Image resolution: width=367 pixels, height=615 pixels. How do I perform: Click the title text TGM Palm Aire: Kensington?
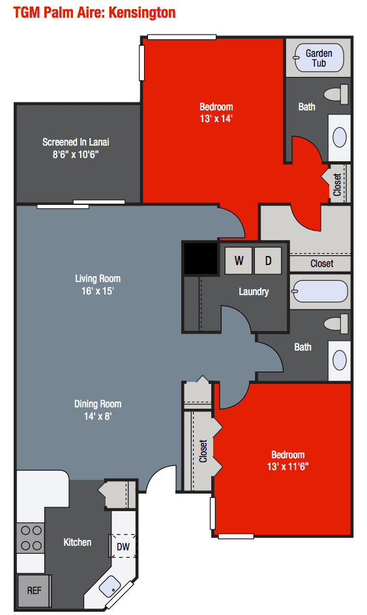tap(95, 12)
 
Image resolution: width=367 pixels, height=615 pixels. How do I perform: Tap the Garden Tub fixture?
tap(319, 58)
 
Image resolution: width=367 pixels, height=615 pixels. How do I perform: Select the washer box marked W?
tap(239, 261)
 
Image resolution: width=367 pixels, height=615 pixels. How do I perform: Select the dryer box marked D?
tap(267, 261)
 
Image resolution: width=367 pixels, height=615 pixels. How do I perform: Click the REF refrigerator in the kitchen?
tap(34, 590)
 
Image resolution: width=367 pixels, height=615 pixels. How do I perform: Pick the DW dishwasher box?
tap(123, 546)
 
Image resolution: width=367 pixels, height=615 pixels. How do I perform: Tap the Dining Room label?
tap(98, 403)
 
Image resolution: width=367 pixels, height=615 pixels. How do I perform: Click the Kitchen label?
tap(77, 542)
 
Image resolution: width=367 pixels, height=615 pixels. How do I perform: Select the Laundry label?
tap(254, 292)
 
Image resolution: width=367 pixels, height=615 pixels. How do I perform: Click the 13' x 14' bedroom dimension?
tap(216, 119)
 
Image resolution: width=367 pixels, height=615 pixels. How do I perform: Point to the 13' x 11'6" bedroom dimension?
tap(287, 466)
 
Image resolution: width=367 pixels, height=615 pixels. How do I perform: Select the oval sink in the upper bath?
tap(340, 137)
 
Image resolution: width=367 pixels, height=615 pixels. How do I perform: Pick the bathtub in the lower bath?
tap(320, 291)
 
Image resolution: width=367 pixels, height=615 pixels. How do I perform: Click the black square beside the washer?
tap(200, 258)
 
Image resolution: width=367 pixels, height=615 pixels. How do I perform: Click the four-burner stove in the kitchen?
tap(30, 538)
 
